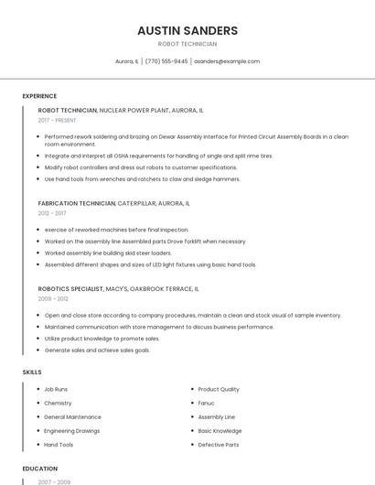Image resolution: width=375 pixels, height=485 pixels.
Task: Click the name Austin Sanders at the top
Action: [187, 30]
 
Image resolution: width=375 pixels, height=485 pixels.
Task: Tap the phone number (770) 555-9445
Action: [166, 61]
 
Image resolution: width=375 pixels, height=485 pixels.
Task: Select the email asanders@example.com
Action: [227, 61]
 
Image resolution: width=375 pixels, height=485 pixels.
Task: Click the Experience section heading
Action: [39, 96]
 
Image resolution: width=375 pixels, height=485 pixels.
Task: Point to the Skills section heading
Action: [32, 372]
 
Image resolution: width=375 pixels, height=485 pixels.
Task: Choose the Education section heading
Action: [40, 469]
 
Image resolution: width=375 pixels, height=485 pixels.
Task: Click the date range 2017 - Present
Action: [59, 120]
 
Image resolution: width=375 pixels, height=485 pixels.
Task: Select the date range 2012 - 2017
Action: [52, 213]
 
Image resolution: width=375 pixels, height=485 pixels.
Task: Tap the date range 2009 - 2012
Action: [53, 298]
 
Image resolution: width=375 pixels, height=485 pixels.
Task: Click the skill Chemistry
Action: [58, 403]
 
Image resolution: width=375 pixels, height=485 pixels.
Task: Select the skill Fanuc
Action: [206, 403]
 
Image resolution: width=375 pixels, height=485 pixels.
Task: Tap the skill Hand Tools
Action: [59, 445]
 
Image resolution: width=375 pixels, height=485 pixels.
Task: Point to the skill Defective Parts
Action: [218, 445]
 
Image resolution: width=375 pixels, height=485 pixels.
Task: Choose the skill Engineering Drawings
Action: [71, 431]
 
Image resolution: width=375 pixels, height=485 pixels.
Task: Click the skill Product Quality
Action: [219, 389]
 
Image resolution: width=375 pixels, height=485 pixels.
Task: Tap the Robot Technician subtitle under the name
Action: [187, 44]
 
